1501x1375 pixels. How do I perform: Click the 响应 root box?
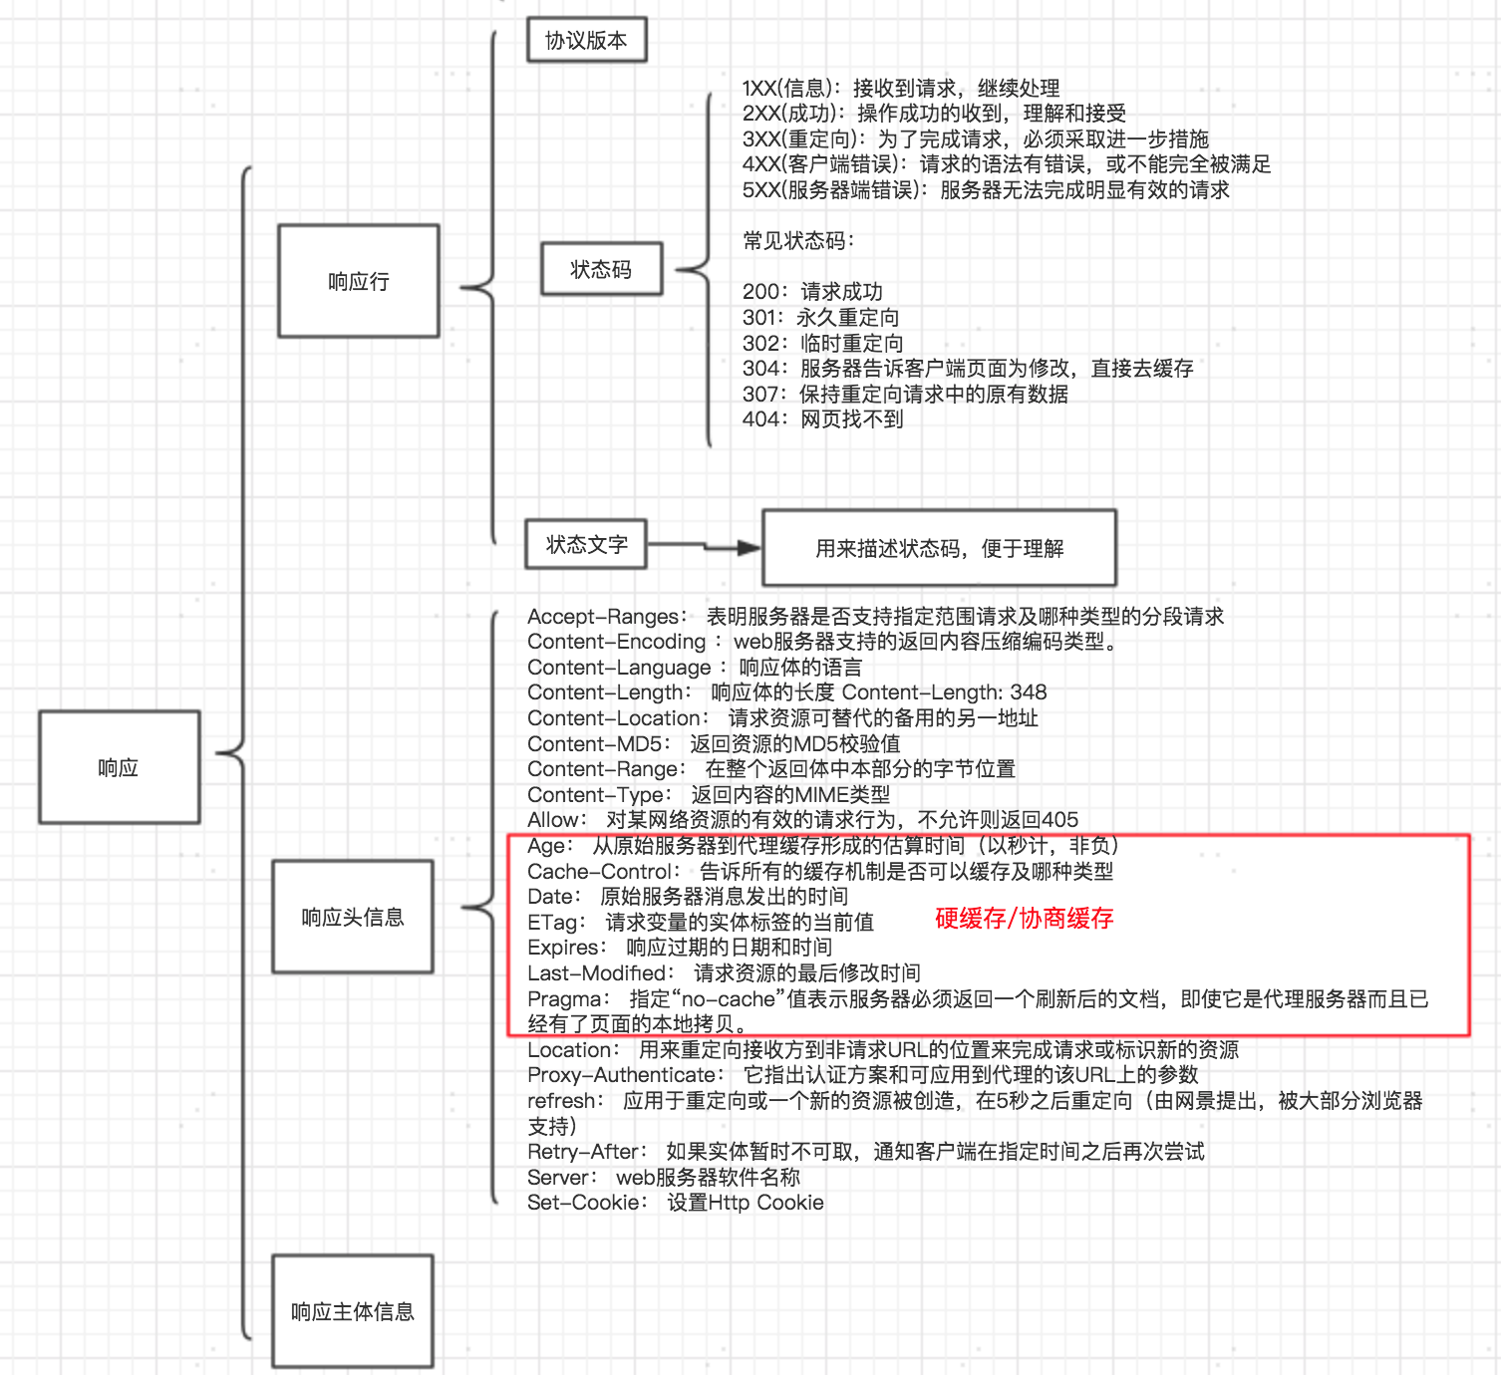point(119,767)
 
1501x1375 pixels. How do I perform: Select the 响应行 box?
point(359,281)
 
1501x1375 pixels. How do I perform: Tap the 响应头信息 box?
point(353,917)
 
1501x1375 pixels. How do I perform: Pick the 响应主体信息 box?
point(353,1311)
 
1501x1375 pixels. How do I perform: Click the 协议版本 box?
point(586,40)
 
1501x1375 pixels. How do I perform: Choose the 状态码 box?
point(601,269)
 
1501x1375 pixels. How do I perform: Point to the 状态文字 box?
point(586,545)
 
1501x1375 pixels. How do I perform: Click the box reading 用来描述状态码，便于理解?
point(939,548)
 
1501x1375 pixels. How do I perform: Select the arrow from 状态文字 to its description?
point(704,546)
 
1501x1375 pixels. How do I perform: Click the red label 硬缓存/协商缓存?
point(1024,919)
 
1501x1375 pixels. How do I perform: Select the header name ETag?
point(552,923)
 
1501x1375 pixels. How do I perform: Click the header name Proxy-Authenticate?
point(622,1075)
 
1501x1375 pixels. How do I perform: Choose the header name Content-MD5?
point(595,744)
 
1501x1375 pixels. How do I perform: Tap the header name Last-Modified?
point(597,973)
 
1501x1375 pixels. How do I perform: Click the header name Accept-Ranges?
point(604,617)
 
